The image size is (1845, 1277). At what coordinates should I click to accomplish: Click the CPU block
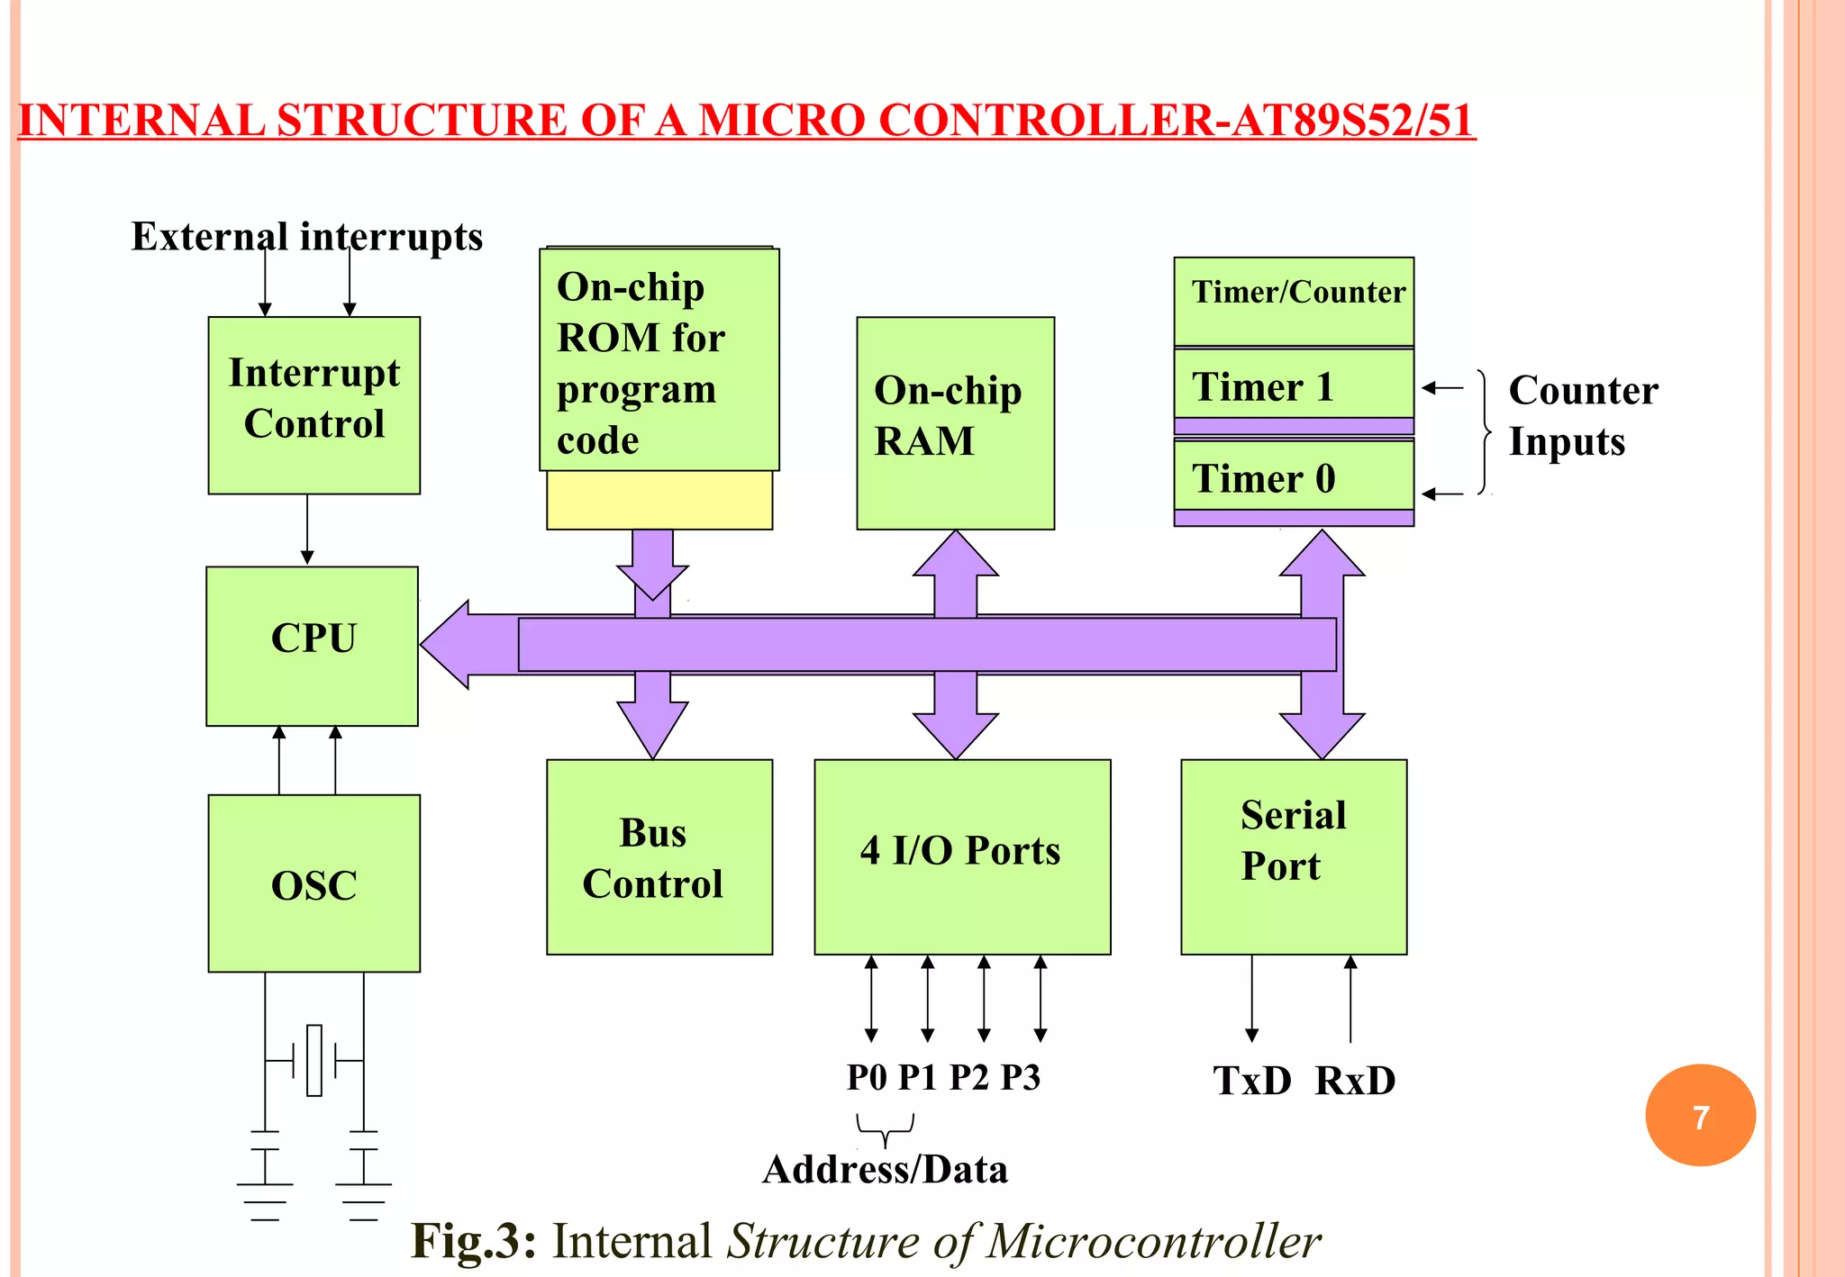click(x=312, y=645)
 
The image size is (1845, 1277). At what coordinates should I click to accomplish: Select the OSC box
click(x=314, y=883)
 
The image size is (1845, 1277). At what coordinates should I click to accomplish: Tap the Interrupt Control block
click(x=314, y=404)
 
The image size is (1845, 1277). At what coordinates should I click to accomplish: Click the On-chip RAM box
click(x=955, y=422)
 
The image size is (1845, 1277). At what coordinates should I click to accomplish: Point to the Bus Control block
click(x=659, y=856)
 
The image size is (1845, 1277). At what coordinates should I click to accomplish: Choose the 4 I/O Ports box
click(x=961, y=856)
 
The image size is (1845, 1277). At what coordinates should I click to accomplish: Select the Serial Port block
click(x=1293, y=856)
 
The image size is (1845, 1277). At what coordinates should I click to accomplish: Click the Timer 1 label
click(x=1262, y=386)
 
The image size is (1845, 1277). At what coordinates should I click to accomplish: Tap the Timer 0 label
click(x=1262, y=478)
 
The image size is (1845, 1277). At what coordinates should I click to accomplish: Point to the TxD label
click(x=1252, y=1081)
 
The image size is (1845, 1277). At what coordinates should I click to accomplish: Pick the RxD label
click(x=1355, y=1081)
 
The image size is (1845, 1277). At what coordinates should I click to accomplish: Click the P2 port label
click(x=969, y=1077)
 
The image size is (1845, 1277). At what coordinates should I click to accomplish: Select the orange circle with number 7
click(x=1700, y=1115)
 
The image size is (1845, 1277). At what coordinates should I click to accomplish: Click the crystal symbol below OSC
click(x=314, y=1060)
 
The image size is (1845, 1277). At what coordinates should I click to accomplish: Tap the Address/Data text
click(x=885, y=1169)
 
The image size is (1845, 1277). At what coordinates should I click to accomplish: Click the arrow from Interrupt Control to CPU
click(x=307, y=530)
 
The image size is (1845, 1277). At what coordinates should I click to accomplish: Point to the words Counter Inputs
click(x=1583, y=415)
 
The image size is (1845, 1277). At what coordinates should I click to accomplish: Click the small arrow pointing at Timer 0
click(x=1442, y=494)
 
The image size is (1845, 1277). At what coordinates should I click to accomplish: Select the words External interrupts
click(x=306, y=237)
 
